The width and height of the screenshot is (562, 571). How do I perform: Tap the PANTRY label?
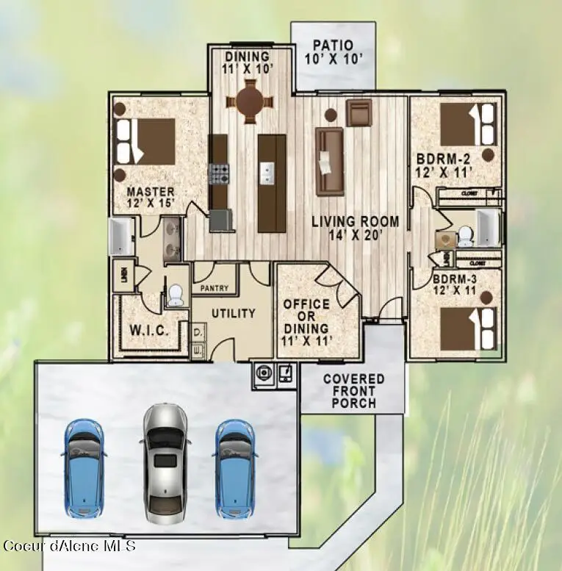[x=215, y=289]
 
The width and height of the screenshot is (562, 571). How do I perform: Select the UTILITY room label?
[x=234, y=313]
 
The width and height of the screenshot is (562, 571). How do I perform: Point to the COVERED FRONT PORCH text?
[x=353, y=391]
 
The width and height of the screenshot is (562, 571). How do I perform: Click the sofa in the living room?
[x=330, y=161]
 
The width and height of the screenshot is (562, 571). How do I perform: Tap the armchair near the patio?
[x=359, y=114]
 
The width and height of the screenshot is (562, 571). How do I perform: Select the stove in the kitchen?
[x=220, y=173]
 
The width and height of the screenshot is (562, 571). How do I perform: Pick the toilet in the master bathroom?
[x=175, y=295]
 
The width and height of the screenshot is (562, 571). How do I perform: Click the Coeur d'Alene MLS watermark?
[x=70, y=545]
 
